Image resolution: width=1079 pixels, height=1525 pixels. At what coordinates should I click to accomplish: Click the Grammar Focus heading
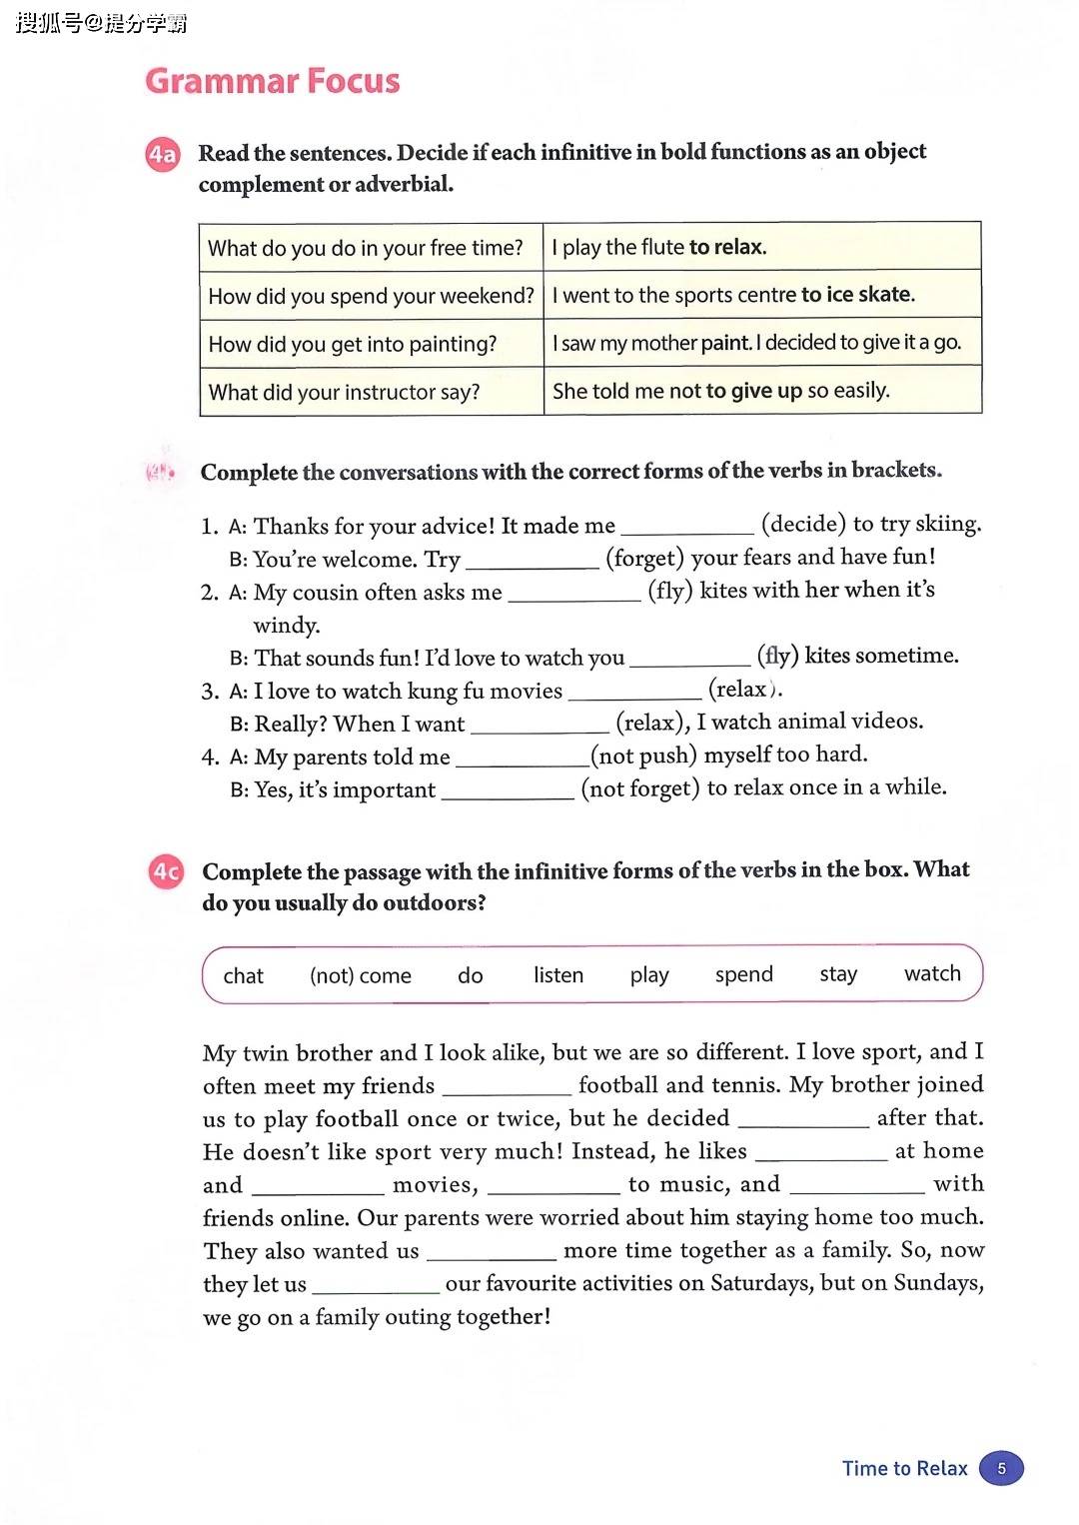[x=272, y=81]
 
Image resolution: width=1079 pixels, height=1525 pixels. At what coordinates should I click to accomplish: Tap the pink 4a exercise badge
[x=163, y=155]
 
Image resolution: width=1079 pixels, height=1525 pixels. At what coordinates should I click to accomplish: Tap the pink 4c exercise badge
[x=166, y=872]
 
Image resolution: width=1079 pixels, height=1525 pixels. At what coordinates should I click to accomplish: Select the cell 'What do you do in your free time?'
[x=366, y=248]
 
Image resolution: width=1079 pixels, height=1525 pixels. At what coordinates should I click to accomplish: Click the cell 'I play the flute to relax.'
[x=659, y=247]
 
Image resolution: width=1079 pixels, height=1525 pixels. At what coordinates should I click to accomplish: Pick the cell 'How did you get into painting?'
[x=353, y=344]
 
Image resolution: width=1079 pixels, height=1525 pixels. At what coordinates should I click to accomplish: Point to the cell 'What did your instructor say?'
[x=345, y=392]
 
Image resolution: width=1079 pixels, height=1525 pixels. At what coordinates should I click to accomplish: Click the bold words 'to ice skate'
[x=857, y=295]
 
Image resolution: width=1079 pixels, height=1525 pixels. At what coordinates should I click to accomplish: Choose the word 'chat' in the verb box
[x=243, y=975]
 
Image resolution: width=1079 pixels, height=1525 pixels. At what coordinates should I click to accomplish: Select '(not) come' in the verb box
[x=361, y=975]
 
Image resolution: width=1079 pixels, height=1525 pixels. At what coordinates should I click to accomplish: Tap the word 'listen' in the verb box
[x=558, y=974]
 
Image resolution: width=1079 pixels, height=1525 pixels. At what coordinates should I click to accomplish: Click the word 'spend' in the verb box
[x=744, y=974]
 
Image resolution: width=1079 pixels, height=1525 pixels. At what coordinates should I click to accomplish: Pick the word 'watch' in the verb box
[x=932, y=973]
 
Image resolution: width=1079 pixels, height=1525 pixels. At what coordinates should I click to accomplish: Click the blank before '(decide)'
[x=687, y=530]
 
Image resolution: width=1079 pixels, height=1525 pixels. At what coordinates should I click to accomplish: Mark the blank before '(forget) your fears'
[x=533, y=563]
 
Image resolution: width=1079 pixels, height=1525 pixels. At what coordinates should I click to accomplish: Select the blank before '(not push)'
[x=522, y=761]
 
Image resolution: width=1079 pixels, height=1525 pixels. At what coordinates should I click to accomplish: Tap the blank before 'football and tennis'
[x=507, y=1089]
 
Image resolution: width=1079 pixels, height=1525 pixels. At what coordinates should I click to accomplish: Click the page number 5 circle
[x=1001, y=1468]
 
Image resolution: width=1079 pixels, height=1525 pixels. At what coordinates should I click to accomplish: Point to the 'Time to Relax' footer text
[x=904, y=1468]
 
